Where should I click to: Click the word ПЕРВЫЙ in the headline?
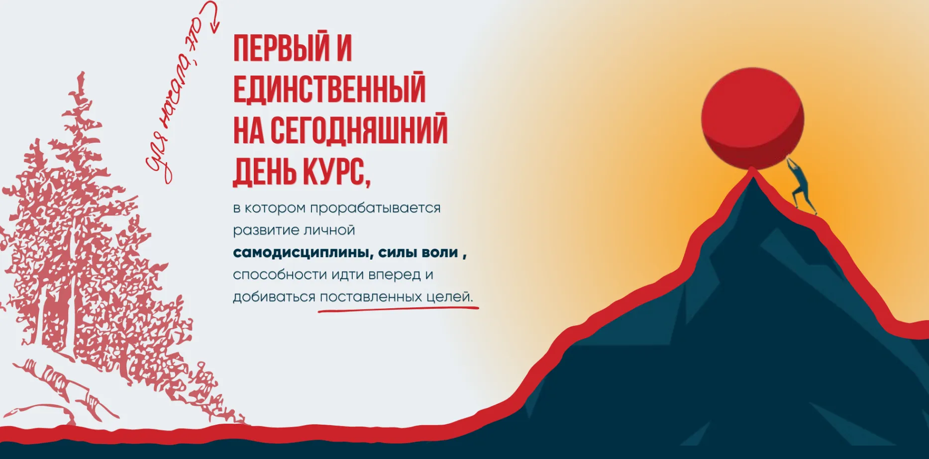coord(282,48)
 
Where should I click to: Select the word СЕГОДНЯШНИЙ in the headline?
coord(359,130)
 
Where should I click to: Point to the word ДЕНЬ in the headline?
coord(265,171)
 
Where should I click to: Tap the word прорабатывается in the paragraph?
coord(375,208)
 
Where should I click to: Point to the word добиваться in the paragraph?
coord(274,297)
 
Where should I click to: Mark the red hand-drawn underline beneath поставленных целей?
coord(398,310)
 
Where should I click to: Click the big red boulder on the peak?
coord(752,118)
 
